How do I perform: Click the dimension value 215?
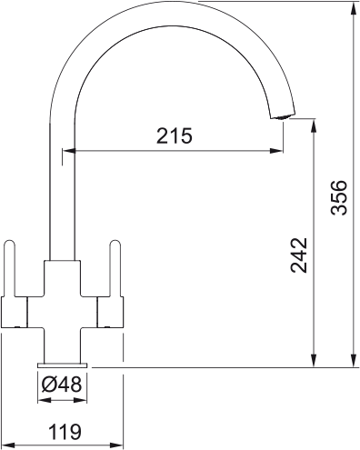(x=175, y=136)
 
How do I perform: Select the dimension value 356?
(x=338, y=197)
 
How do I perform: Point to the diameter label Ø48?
(x=62, y=385)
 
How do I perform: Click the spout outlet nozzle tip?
(x=283, y=115)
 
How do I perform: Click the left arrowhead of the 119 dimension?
(x=5, y=445)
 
